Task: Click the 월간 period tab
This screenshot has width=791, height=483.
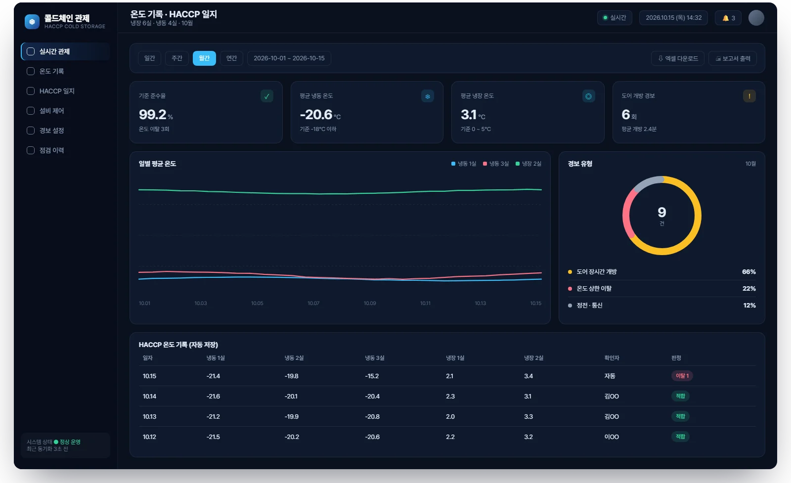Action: [x=204, y=58]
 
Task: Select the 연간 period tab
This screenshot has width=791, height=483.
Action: [x=231, y=58]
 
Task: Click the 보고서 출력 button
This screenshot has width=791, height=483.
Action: [x=732, y=59]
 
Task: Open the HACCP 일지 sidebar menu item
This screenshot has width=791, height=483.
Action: [x=57, y=91]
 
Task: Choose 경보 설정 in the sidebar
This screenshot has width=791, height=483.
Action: [x=51, y=131]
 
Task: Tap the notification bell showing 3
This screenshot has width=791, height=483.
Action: [x=728, y=18]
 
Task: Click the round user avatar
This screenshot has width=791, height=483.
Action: [x=756, y=18]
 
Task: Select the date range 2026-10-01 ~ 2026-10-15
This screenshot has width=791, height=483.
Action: [x=289, y=58]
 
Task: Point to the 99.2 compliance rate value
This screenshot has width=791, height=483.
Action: [x=153, y=114]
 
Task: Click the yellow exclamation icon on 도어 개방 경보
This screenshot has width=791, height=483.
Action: [x=749, y=96]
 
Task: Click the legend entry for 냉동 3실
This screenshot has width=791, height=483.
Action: [x=496, y=164]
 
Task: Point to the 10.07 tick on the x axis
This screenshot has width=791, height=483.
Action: [x=313, y=303]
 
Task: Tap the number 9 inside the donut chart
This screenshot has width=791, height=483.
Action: [x=662, y=212]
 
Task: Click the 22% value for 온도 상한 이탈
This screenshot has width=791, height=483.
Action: [x=749, y=288]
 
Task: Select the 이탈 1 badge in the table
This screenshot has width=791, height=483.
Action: [x=682, y=376]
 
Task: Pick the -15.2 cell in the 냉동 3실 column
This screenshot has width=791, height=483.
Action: [x=372, y=376]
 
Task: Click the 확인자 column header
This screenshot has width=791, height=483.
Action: [x=612, y=358]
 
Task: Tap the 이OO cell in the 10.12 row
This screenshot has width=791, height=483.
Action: [x=612, y=437]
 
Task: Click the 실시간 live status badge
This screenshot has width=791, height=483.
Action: [x=615, y=18]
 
